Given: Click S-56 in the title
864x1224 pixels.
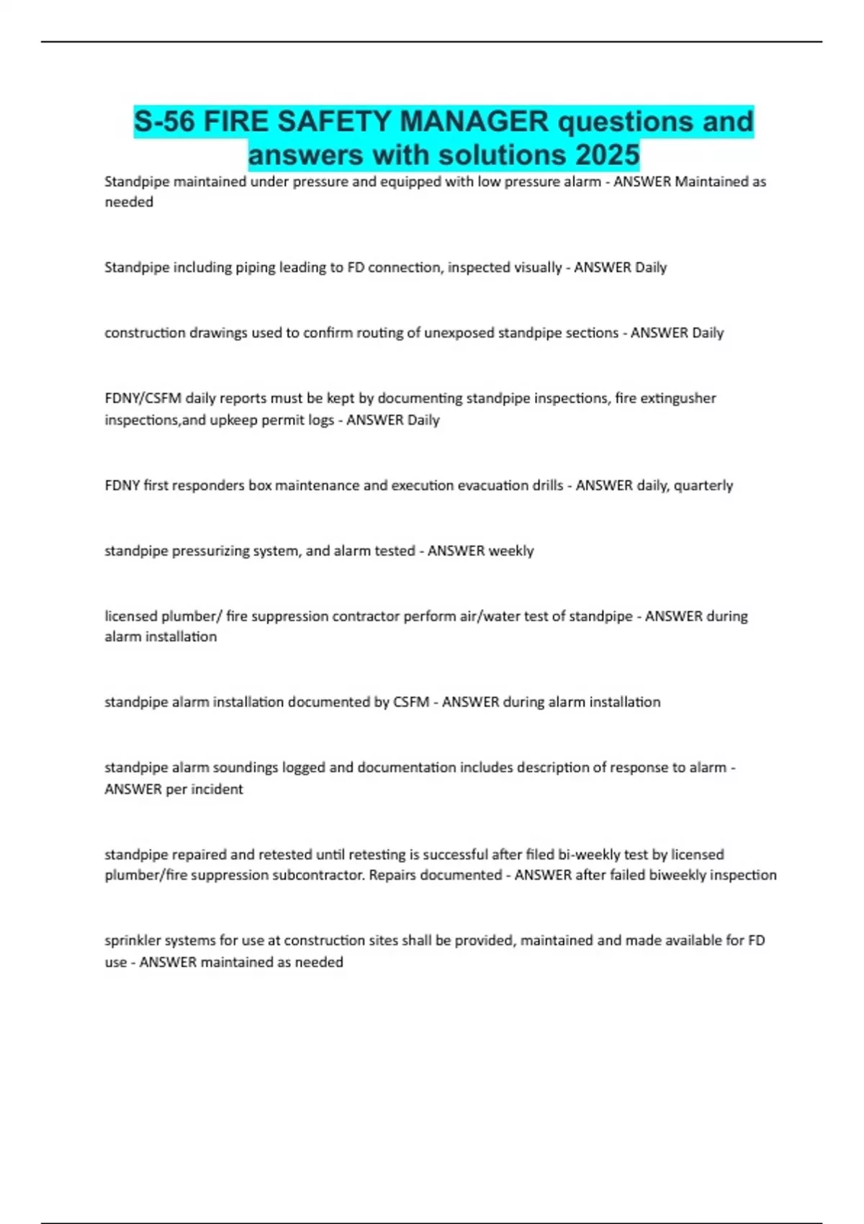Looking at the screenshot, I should pyautogui.click(x=164, y=121).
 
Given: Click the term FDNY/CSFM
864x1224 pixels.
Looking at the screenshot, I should pyautogui.click(x=143, y=398).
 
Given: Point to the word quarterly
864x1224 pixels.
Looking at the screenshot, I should pyautogui.click(x=703, y=485).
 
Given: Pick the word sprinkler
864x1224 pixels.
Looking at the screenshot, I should pyautogui.click(x=132, y=940).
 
